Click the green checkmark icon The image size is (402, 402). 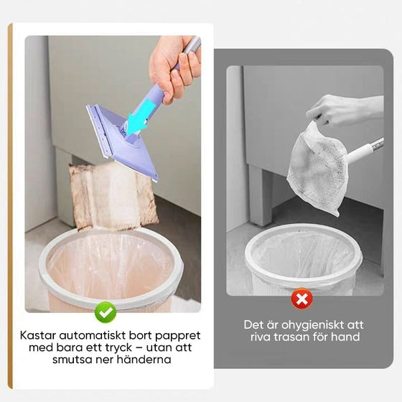coord(106,311)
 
